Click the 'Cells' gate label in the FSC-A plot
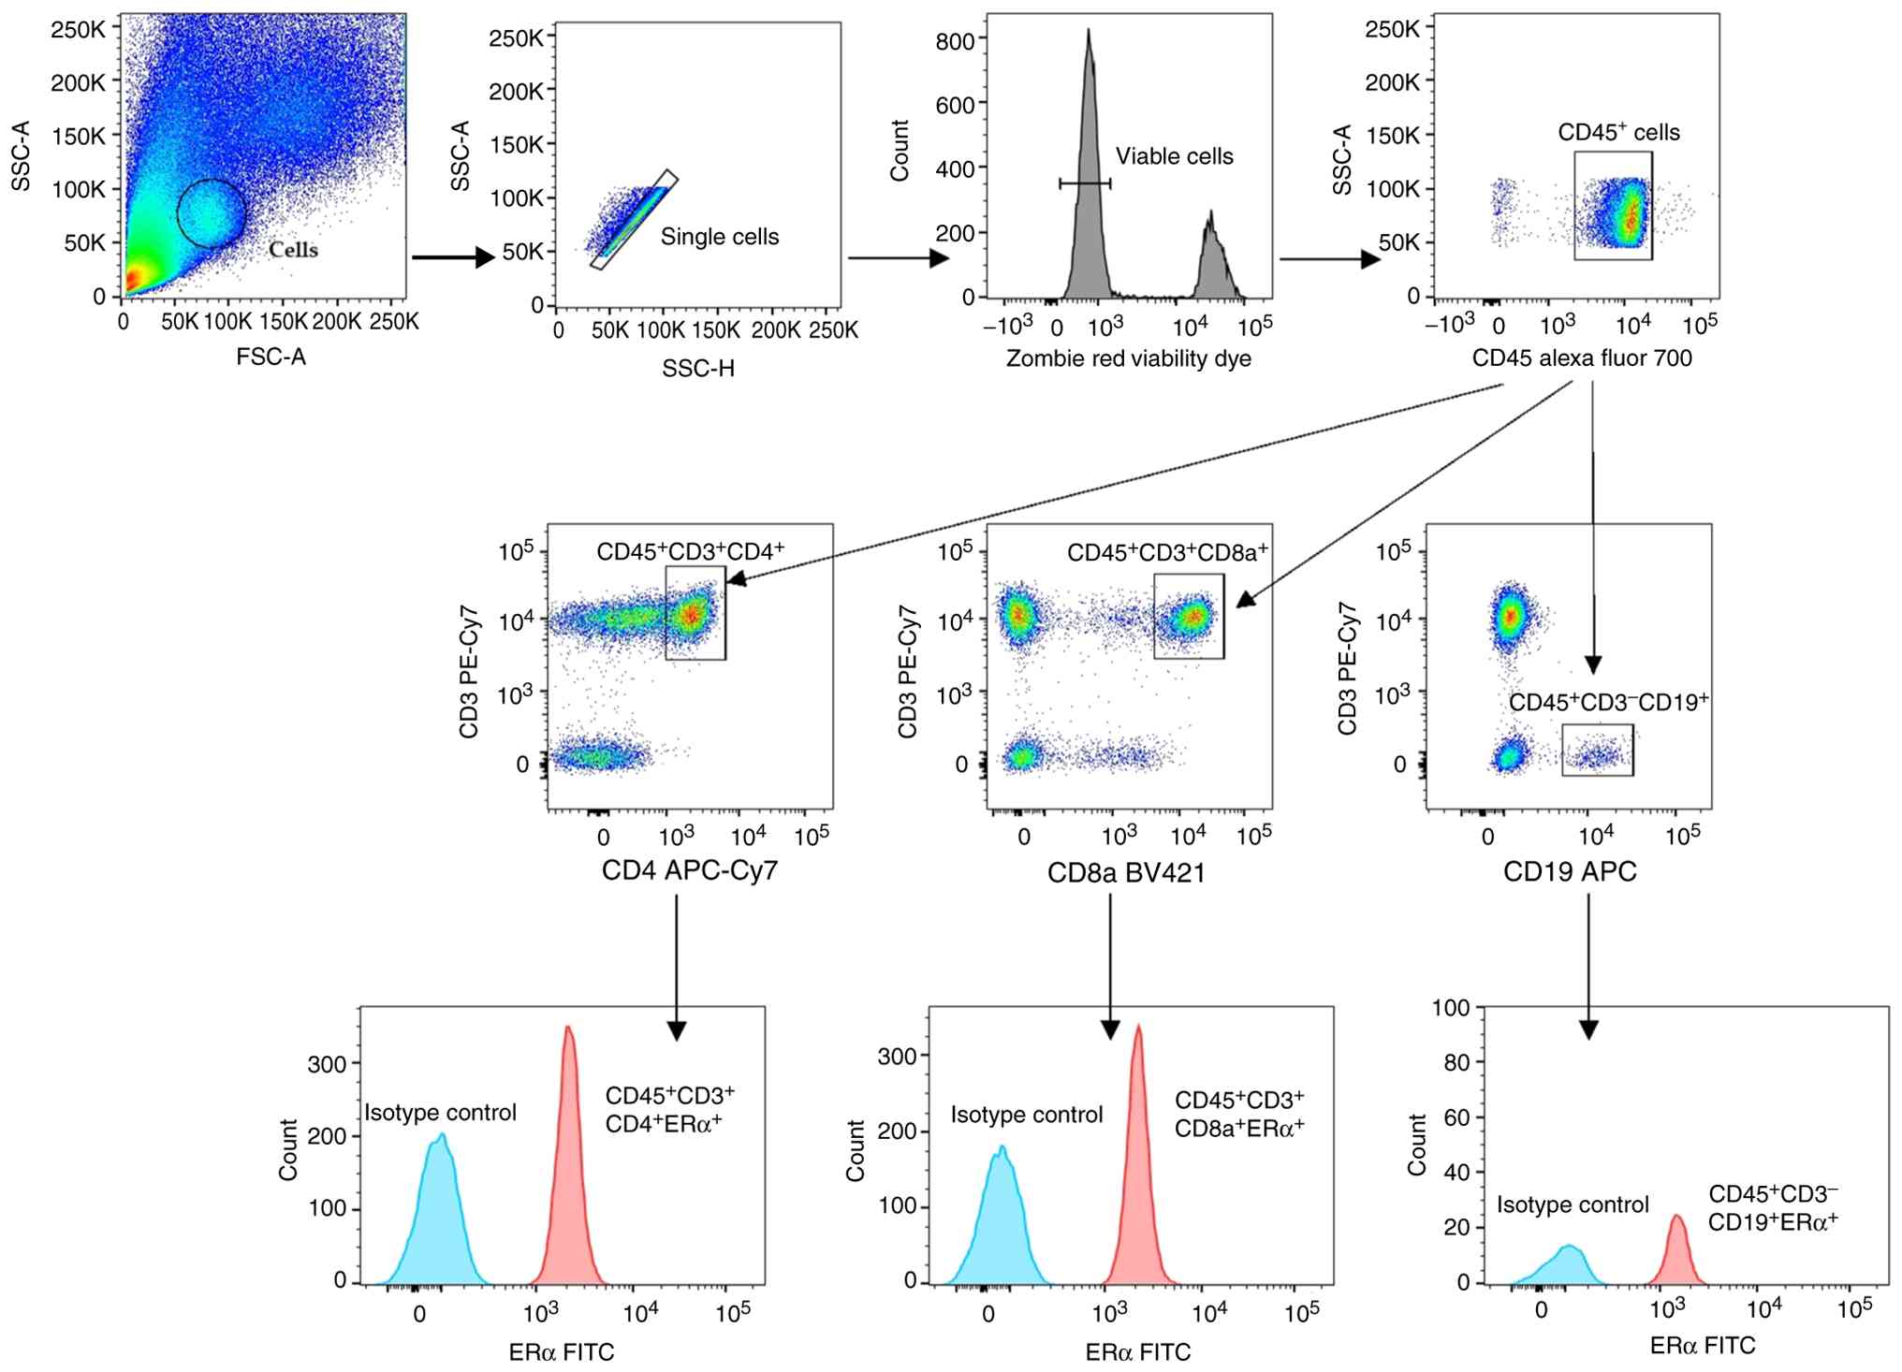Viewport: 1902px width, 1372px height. click(x=293, y=250)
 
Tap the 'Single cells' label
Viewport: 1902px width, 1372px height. click(x=719, y=237)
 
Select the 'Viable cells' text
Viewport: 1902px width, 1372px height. click(x=1174, y=156)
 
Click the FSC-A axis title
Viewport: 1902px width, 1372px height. click(x=271, y=357)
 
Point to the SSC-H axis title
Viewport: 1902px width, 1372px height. click(x=698, y=369)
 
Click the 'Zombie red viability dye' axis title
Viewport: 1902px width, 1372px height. click(x=1128, y=358)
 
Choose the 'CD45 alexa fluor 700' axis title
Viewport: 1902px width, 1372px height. click(x=1582, y=358)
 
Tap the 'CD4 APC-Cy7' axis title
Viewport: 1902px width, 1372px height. click(x=690, y=870)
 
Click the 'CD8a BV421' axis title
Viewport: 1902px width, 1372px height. click(x=1126, y=872)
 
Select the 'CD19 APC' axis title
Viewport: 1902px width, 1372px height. click(x=1570, y=871)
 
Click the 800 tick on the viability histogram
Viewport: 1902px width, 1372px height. click(x=955, y=40)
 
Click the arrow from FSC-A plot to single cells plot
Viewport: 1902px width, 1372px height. click(x=453, y=257)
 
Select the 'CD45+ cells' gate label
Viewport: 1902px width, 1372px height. click(x=1618, y=133)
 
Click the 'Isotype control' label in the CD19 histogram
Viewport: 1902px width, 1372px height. click(x=1573, y=1204)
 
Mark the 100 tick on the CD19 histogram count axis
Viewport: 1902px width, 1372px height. click(x=1451, y=1008)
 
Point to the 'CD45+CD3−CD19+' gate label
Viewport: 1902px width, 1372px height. click(x=1608, y=702)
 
